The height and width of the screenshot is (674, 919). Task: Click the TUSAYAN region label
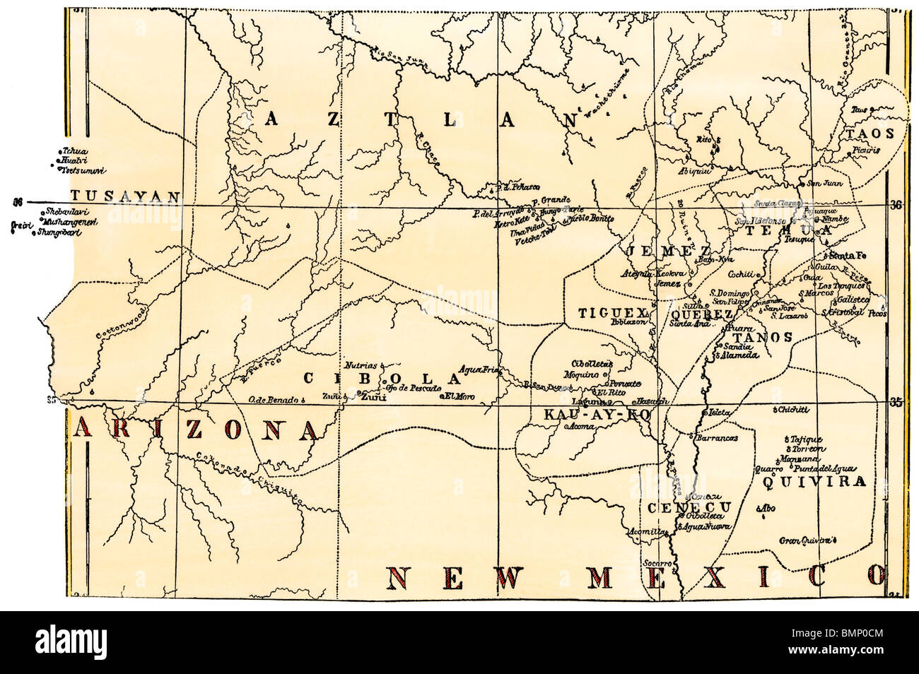[124, 197]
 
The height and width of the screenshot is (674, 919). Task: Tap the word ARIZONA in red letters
[196, 429]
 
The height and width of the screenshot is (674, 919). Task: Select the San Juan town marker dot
[801, 185]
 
